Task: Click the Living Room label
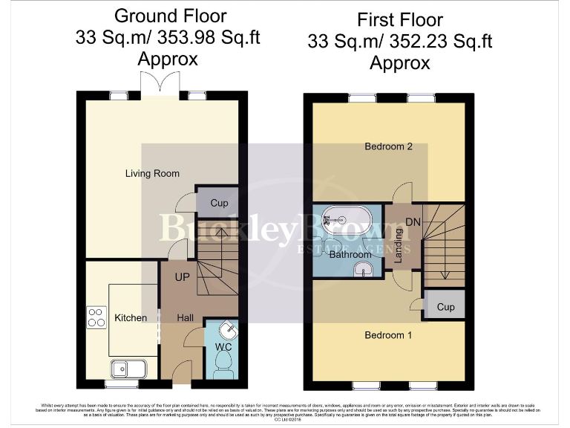[x=152, y=174]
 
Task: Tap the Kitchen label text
[x=131, y=318]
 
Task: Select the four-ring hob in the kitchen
[x=96, y=317]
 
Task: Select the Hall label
[x=186, y=318]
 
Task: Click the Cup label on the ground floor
[x=219, y=203]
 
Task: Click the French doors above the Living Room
[x=162, y=83]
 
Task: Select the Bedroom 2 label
[x=388, y=146]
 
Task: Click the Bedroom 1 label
[x=388, y=335]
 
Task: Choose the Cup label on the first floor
[x=445, y=306]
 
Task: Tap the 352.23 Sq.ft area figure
[x=437, y=42]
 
